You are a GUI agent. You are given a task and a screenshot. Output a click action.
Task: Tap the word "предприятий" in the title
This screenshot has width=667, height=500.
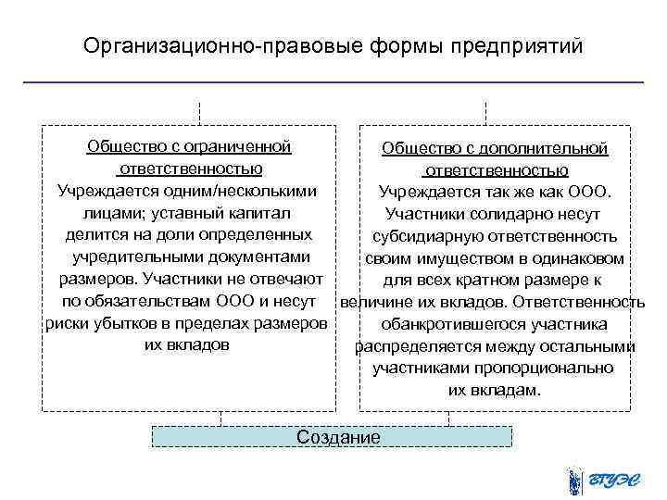pos(522,44)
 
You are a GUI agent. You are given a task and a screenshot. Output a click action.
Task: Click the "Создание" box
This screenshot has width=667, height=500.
pos(336,436)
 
